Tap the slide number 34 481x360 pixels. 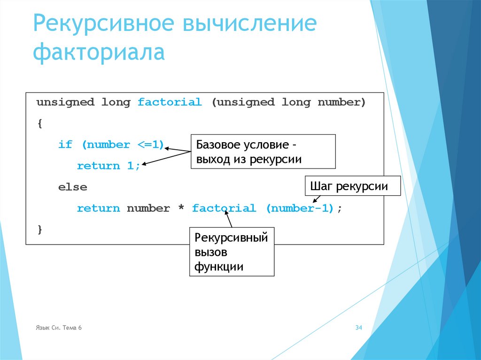358,328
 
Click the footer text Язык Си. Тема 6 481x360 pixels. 59,328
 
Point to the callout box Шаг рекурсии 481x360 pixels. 353,186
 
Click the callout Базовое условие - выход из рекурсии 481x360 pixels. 263,151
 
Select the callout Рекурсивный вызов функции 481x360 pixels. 232,252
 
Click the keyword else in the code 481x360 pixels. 72,187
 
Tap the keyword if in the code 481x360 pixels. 65,145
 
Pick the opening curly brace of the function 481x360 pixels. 39,124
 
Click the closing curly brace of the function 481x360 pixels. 39,230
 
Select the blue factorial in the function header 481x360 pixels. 170,102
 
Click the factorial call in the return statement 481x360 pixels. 224,208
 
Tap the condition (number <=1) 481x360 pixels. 123,145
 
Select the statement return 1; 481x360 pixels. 109,166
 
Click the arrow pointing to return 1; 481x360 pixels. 164,158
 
